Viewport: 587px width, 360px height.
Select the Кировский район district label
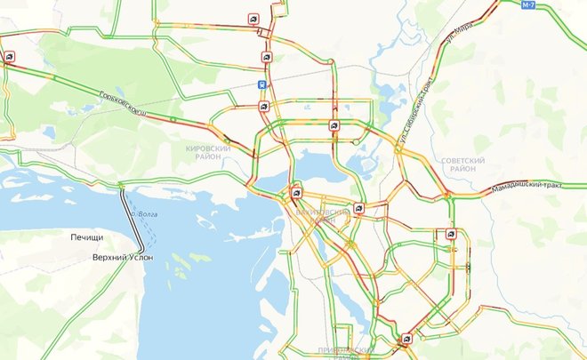(208, 153)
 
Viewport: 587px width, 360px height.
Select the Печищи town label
(89, 238)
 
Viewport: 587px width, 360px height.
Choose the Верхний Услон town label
(123, 257)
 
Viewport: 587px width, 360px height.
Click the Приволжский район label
(328, 354)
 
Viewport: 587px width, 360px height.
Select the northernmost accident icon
(254, 19)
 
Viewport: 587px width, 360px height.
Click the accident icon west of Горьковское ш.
(9, 57)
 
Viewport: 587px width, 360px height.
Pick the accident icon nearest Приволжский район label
(406, 339)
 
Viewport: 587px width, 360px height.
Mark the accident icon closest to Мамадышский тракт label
(451, 235)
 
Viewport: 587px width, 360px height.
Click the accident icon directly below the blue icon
(264, 107)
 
